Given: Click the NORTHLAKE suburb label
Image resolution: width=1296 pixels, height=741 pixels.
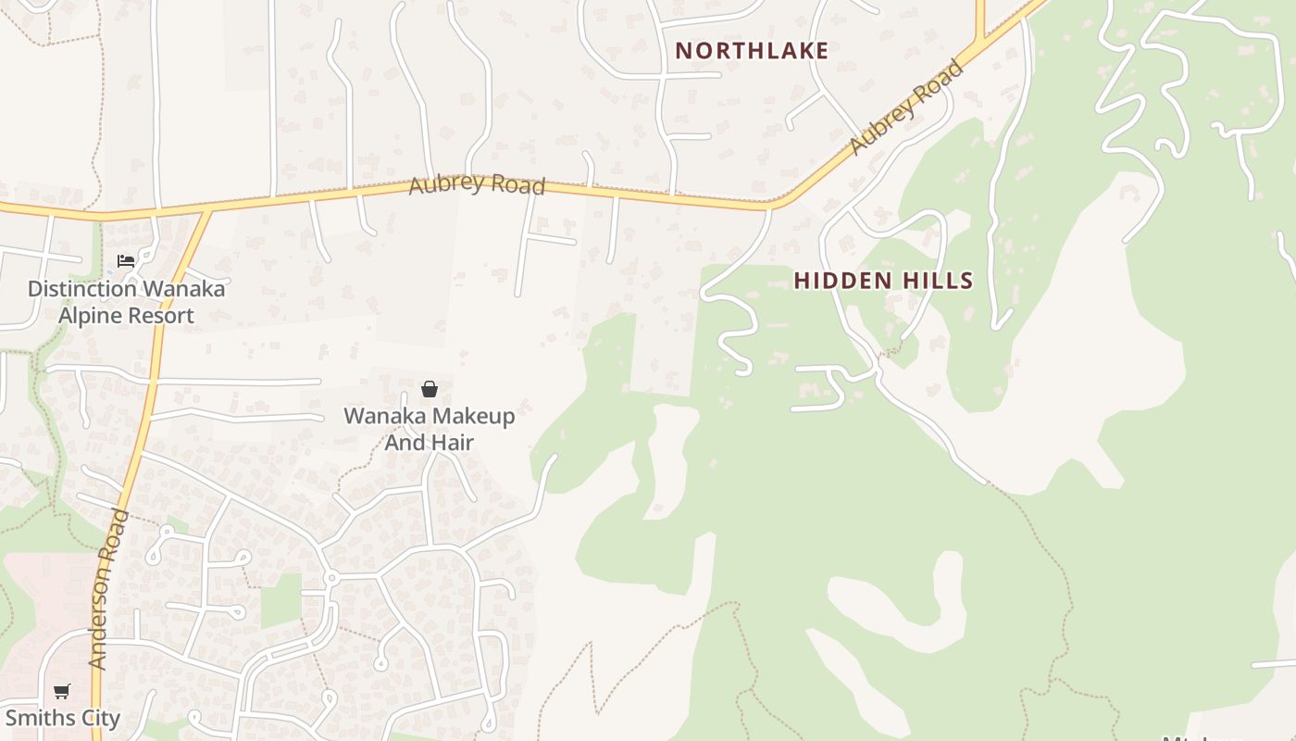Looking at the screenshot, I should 752,51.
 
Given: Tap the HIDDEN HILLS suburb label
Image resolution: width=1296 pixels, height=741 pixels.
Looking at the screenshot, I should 883,281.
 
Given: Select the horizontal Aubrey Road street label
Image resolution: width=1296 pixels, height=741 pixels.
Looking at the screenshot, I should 477,183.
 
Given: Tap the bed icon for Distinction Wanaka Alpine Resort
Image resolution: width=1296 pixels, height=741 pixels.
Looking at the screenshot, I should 126,261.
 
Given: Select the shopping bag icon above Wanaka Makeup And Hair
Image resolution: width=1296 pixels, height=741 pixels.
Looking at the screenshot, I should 430,389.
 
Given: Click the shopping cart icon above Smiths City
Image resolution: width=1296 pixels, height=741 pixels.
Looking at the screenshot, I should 62,691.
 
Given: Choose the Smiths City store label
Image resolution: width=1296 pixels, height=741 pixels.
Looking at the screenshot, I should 63,718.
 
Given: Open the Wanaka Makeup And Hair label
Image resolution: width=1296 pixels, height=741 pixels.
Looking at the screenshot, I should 430,429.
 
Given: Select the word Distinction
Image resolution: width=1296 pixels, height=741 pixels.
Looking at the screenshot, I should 81,289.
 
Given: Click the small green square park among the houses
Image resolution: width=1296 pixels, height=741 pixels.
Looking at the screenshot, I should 280,600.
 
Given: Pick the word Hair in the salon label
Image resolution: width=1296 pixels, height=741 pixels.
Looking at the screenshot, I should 455,443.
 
